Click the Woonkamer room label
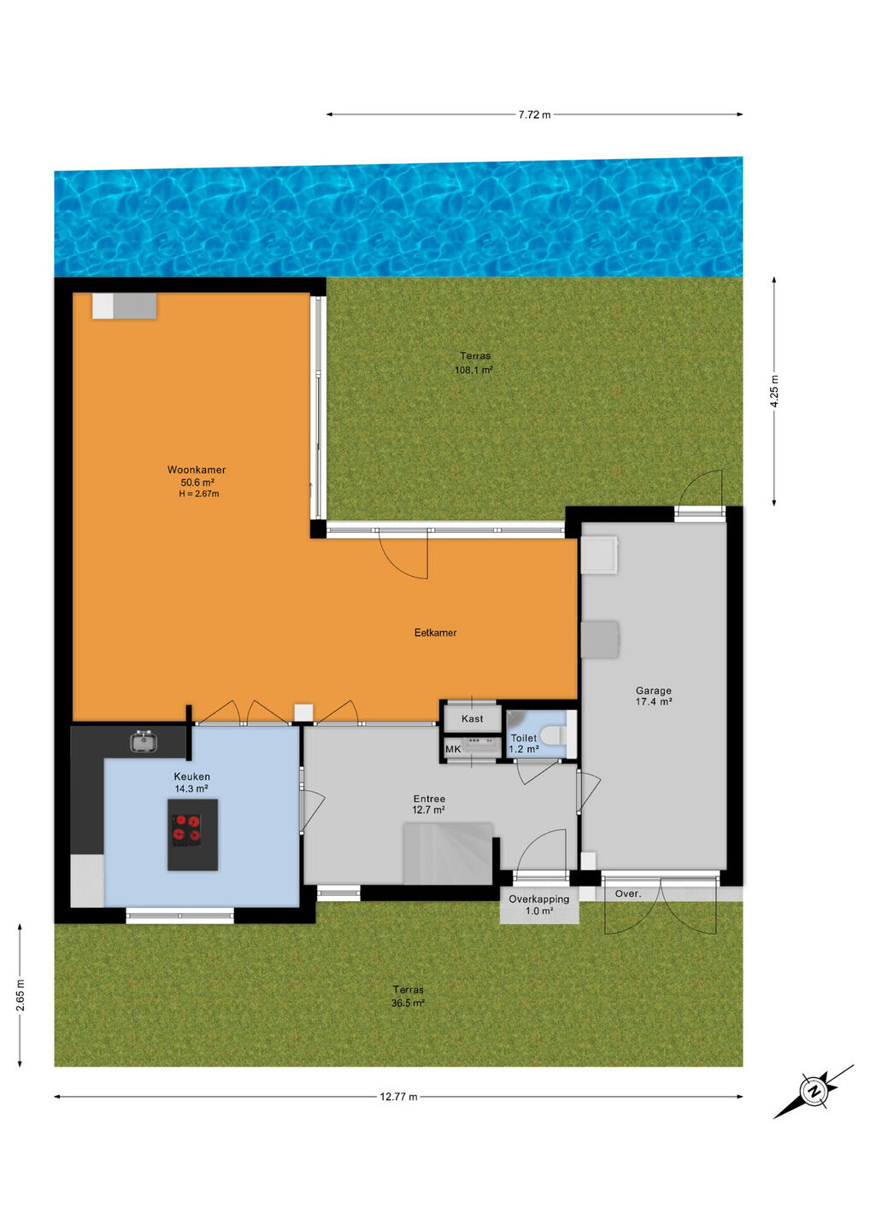(197, 470)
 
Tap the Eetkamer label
(436, 633)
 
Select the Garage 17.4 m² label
(654, 695)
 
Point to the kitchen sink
(144, 741)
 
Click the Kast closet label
(473, 719)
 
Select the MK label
(453, 749)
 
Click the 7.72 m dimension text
(534, 115)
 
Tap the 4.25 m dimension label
(774, 391)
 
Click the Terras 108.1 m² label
(473, 363)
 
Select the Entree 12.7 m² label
(429, 804)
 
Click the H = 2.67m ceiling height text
(199, 494)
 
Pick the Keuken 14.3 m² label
(191, 782)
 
